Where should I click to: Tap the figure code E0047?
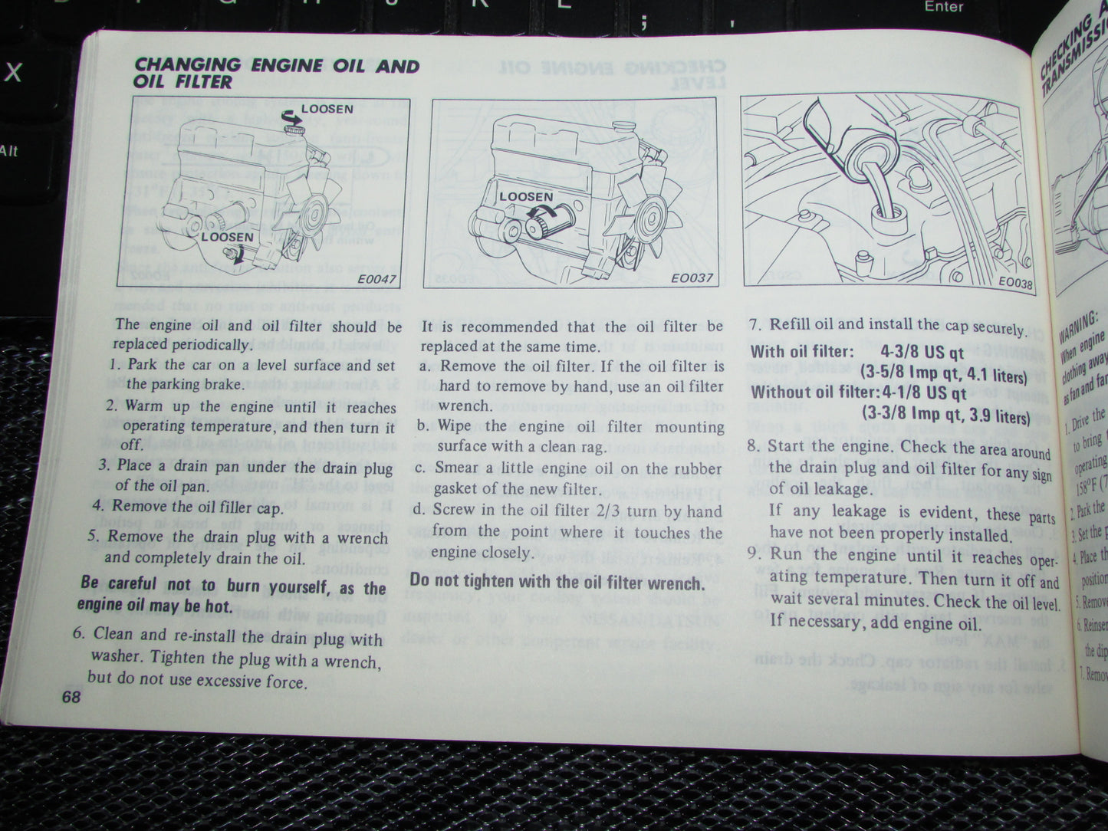(x=377, y=279)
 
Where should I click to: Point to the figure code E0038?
(x=1015, y=282)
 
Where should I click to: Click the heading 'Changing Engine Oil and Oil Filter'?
(x=276, y=73)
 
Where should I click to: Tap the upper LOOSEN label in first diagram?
(x=327, y=110)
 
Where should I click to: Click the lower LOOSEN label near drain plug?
(x=227, y=237)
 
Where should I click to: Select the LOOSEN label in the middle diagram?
(x=525, y=197)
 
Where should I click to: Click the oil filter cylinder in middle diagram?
(x=549, y=224)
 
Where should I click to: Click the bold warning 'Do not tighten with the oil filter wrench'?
(x=557, y=583)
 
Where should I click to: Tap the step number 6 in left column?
(x=78, y=633)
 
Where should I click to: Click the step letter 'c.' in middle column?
(x=422, y=468)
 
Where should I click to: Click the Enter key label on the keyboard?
(x=944, y=7)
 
